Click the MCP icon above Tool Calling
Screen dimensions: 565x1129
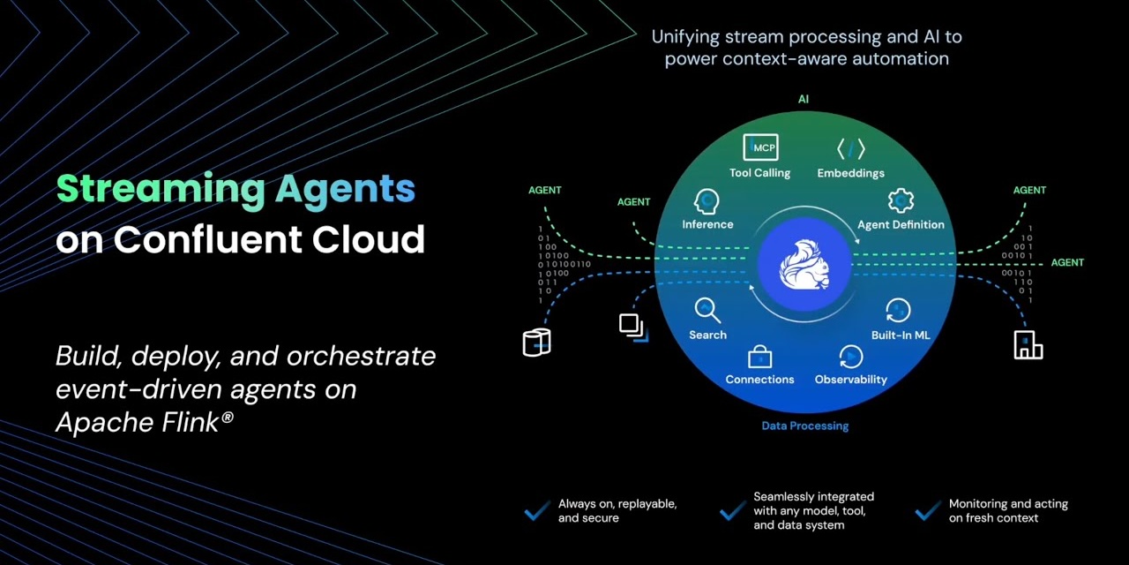[x=760, y=147]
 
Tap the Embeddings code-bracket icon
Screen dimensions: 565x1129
[x=851, y=148]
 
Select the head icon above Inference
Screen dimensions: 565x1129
[x=707, y=201]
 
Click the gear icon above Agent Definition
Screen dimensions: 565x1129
[x=900, y=200]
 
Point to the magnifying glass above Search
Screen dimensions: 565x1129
[x=707, y=310]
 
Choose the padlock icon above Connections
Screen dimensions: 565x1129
[x=759, y=357]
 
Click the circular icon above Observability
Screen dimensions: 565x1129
[x=851, y=357]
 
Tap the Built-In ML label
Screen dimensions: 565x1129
[x=901, y=335]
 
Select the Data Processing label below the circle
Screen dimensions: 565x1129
[x=804, y=426]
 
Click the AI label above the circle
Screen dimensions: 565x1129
[x=803, y=99]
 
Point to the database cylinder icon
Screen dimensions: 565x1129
[x=536, y=342]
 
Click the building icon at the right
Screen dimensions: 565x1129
[x=1028, y=345]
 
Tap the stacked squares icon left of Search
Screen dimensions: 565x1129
[x=632, y=326]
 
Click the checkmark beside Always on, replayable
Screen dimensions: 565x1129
[x=536, y=511]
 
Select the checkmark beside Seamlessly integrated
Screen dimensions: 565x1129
[x=732, y=511]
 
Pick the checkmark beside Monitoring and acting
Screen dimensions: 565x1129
[x=927, y=511]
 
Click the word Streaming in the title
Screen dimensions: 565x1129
[x=160, y=189]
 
